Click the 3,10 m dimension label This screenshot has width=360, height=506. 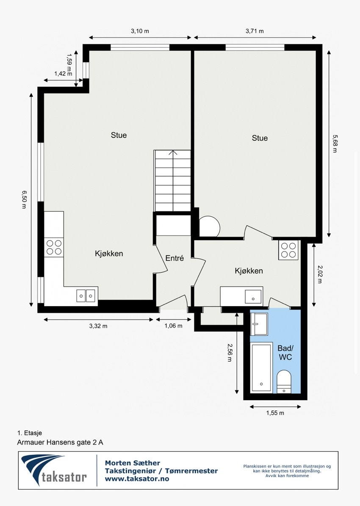coord(140,31)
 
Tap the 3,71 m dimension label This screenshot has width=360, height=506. coord(255,31)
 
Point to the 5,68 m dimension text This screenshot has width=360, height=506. coord(335,143)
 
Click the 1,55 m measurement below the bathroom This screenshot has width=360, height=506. coord(275,413)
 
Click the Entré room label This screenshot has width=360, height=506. coord(174,258)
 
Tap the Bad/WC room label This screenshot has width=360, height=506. coord(285,352)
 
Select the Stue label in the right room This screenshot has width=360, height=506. coord(260,138)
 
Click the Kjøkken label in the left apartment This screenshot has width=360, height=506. coord(109,254)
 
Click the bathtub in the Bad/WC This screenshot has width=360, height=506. coord(261,368)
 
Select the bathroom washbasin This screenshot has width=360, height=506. coord(258,324)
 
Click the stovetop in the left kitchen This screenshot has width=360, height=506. coord(54,247)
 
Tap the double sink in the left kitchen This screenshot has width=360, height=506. coord(86,295)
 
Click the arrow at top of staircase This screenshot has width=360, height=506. coord(173,153)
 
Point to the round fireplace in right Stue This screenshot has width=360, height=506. coord(209,227)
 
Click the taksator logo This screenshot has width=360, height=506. coord(54,470)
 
